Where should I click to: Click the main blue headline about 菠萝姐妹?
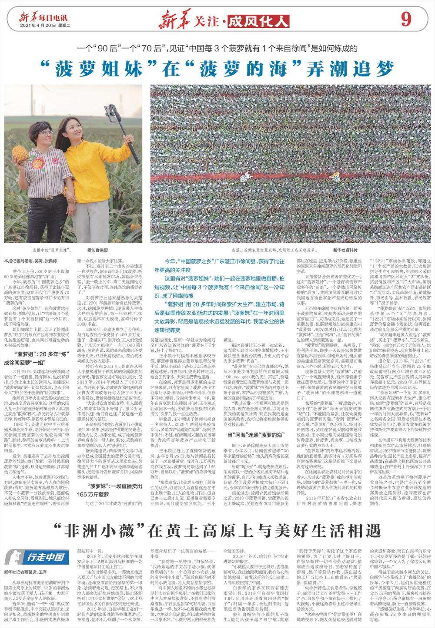click(x=217, y=68)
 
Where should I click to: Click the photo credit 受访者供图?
click(x=97, y=251)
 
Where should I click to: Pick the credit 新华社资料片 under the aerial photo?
click(x=345, y=251)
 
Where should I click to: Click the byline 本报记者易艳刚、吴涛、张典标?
click(x=30, y=261)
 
